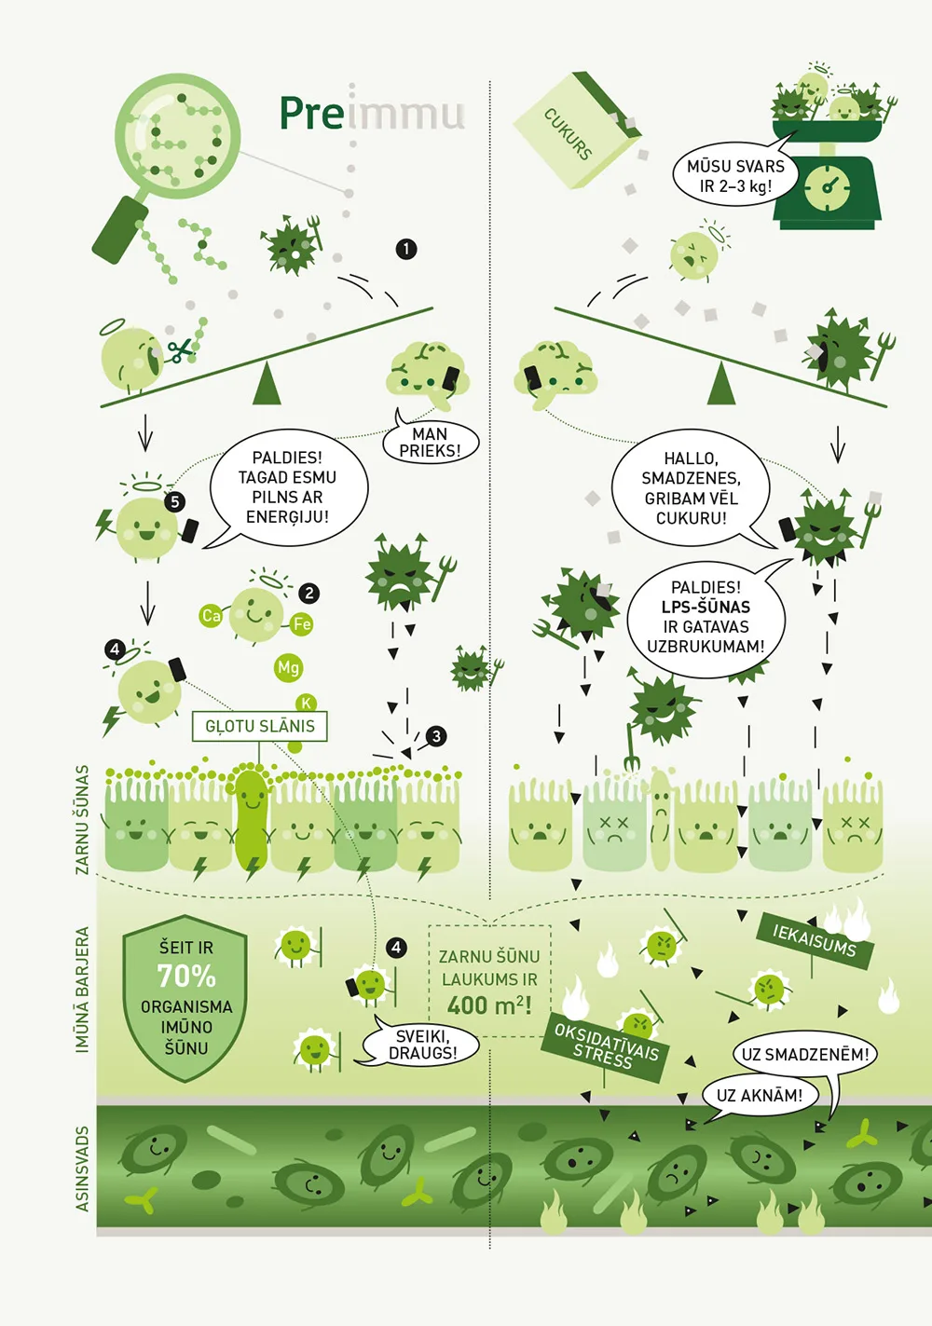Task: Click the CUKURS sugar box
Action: point(577,130)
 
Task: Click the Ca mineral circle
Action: point(211,616)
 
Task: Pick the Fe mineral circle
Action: point(301,623)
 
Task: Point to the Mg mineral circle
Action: point(288,668)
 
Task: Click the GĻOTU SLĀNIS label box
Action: point(259,726)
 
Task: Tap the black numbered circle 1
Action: point(406,249)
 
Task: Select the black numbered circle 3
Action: point(436,736)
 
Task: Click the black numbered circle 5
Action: point(174,502)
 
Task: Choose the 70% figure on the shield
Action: point(185,976)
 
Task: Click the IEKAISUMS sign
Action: point(815,940)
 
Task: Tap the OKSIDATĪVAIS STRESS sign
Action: point(605,1047)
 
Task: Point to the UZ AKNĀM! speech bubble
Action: point(760,1095)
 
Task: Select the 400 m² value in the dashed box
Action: point(489,1005)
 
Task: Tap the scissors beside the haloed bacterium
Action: point(181,350)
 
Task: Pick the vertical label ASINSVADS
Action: point(82,1169)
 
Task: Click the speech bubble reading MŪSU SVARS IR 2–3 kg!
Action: point(734,175)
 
